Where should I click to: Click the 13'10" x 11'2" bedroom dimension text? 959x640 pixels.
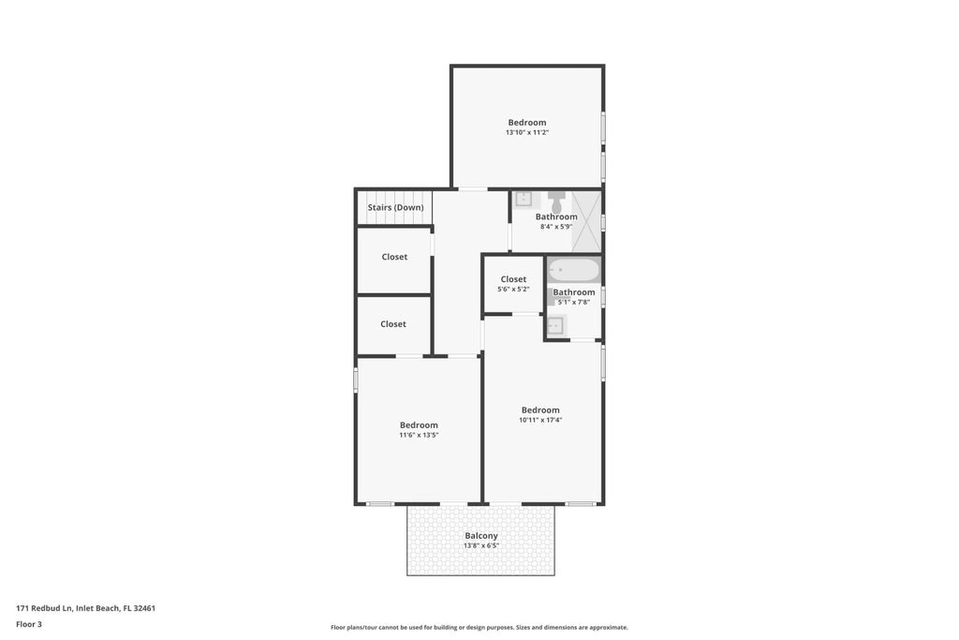tap(526, 133)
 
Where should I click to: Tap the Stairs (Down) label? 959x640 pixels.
tap(395, 207)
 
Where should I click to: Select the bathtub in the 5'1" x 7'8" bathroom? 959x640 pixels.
tap(573, 271)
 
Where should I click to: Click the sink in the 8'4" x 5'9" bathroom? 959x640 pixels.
tap(524, 199)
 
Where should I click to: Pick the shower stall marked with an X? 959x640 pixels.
tap(586, 221)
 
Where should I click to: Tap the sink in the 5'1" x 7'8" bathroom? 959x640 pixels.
tap(555, 325)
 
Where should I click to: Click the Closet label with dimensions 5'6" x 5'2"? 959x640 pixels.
tap(513, 279)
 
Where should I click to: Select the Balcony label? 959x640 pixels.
tap(481, 536)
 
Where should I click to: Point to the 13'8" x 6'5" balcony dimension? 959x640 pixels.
tap(481, 545)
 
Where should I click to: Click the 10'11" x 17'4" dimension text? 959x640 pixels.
tap(540, 420)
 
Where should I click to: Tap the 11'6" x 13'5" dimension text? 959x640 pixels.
tap(419, 435)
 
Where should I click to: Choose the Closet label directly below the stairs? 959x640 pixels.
tap(394, 257)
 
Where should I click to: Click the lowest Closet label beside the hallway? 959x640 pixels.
tap(393, 324)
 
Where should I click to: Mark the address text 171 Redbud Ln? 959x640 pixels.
tap(43, 608)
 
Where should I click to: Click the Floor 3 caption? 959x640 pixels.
tap(29, 624)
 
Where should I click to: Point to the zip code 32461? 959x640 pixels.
tap(143, 608)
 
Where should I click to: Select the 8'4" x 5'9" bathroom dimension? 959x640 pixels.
tap(556, 227)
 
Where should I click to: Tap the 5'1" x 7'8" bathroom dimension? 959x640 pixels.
tap(574, 302)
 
